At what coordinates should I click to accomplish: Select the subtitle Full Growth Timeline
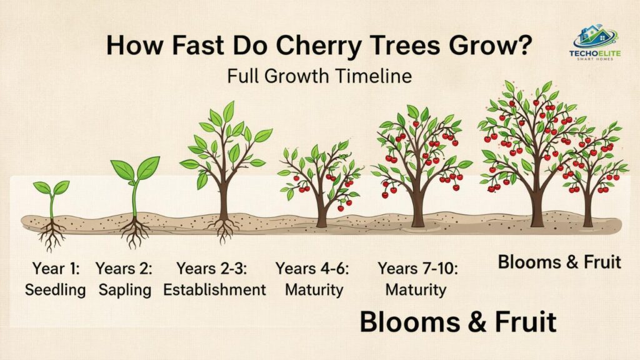pos(319,76)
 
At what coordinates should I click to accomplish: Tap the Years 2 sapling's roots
pos(134,232)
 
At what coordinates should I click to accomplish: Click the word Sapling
pos(125,290)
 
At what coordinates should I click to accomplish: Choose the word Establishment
pos(214,290)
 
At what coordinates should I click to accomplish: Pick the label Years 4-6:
pos(312,269)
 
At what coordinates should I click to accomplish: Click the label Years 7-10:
pos(417,269)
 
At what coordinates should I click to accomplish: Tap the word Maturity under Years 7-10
pos(416,290)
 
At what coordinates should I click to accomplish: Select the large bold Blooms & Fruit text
pos(458,322)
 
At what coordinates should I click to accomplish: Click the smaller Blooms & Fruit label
pos(559,262)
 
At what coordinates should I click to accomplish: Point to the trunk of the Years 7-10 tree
pos(417,206)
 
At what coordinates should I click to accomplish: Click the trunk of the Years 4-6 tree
pos(321,212)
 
